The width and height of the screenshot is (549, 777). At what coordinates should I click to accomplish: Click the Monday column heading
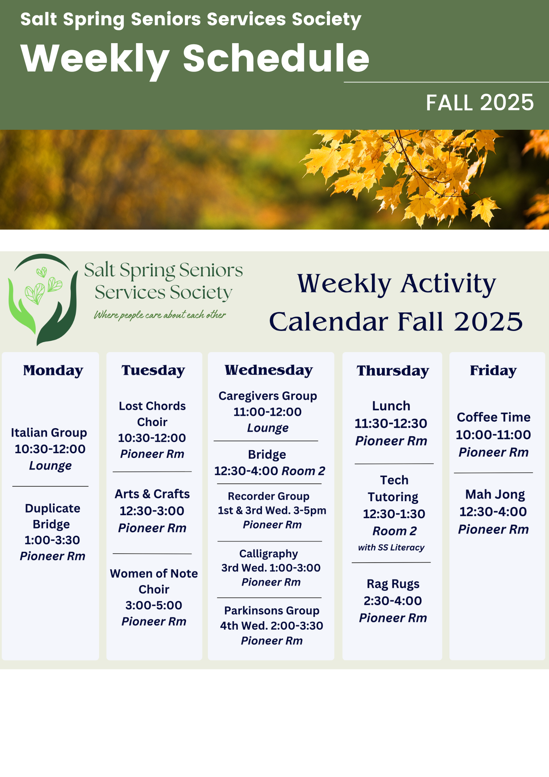pyautogui.click(x=53, y=370)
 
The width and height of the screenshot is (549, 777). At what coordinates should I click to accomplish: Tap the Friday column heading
pyautogui.click(x=493, y=371)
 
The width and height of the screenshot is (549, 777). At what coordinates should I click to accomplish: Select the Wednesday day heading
pyautogui.click(x=269, y=370)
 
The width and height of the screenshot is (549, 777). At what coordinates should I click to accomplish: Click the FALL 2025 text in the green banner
pyautogui.click(x=480, y=103)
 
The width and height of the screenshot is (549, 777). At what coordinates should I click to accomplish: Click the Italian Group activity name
pyautogui.click(x=49, y=433)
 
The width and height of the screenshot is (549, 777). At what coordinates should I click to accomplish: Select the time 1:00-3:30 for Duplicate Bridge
pyautogui.click(x=52, y=540)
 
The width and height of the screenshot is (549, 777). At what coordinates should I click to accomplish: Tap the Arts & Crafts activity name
pyautogui.click(x=152, y=494)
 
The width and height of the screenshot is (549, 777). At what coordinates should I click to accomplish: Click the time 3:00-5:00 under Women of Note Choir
pyautogui.click(x=154, y=605)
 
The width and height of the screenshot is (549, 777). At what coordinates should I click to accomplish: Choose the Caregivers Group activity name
pyautogui.click(x=268, y=396)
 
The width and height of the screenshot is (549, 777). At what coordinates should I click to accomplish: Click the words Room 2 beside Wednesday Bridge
pyautogui.click(x=304, y=471)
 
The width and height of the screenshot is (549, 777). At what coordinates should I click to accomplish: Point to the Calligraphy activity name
pyautogui.click(x=269, y=554)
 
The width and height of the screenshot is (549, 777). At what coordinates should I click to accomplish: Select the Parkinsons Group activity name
pyautogui.click(x=272, y=611)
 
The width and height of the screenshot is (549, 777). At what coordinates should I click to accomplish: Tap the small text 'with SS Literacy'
pyautogui.click(x=391, y=547)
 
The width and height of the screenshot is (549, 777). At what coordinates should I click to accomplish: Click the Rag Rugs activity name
pyautogui.click(x=393, y=584)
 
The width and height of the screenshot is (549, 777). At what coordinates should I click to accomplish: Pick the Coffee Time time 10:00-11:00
pyautogui.click(x=493, y=435)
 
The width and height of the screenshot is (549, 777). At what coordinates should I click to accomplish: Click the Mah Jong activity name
pyautogui.click(x=495, y=495)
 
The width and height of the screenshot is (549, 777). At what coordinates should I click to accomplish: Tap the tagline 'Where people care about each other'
pyautogui.click(x=160, y=315)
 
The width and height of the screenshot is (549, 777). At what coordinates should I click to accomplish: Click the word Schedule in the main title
pyautogui.click(x=276, y=58)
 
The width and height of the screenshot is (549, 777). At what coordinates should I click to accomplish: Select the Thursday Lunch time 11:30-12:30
pyautogui.click(x=391, y=423)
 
